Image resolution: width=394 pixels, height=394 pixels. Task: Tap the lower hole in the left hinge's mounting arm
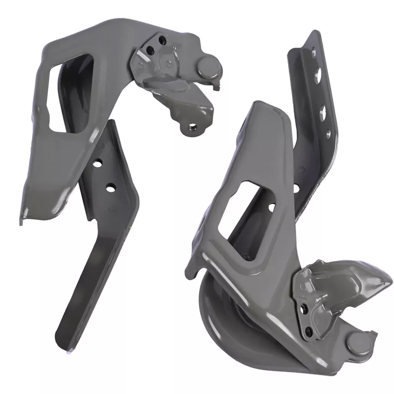pyautogui.click(x=110, y=187)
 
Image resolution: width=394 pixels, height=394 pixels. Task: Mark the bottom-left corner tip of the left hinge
pyautogui.click(x=22, y=221)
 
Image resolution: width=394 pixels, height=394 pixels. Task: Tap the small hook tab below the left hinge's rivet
pyautogui.click(x=215, y=86)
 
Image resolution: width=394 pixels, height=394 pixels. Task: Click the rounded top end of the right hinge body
pyautogui.click(x=268, y=106)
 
